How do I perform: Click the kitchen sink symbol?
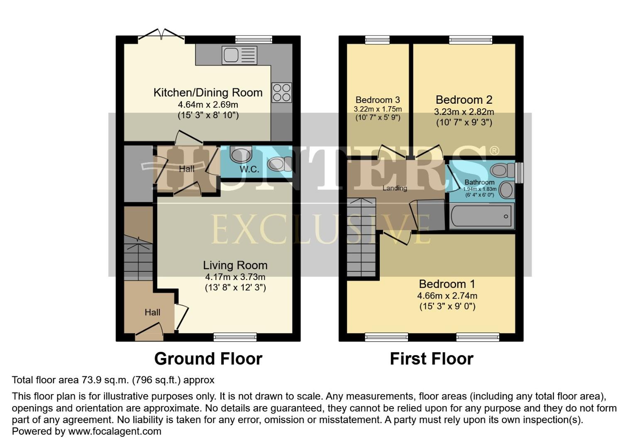(239, 55)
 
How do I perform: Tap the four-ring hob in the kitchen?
(281, 93)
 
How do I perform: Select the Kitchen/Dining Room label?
(208, 93)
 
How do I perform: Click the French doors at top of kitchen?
(161, 37)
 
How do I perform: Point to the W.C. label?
(249, 169)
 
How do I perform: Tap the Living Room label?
(235, 265)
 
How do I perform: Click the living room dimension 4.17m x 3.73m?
(235, 277)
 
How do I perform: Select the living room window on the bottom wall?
(235, 337)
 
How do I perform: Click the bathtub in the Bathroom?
(482, 216)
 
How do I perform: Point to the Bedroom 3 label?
(378, 100)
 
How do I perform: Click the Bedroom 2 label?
(464, 100)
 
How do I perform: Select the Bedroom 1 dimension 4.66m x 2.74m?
(447, 296)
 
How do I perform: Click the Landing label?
(394, 188)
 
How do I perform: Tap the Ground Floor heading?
(208, 359)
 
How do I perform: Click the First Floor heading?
(431, 359)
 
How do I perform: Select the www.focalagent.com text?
(115, 431)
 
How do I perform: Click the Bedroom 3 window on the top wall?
(377, 40)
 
